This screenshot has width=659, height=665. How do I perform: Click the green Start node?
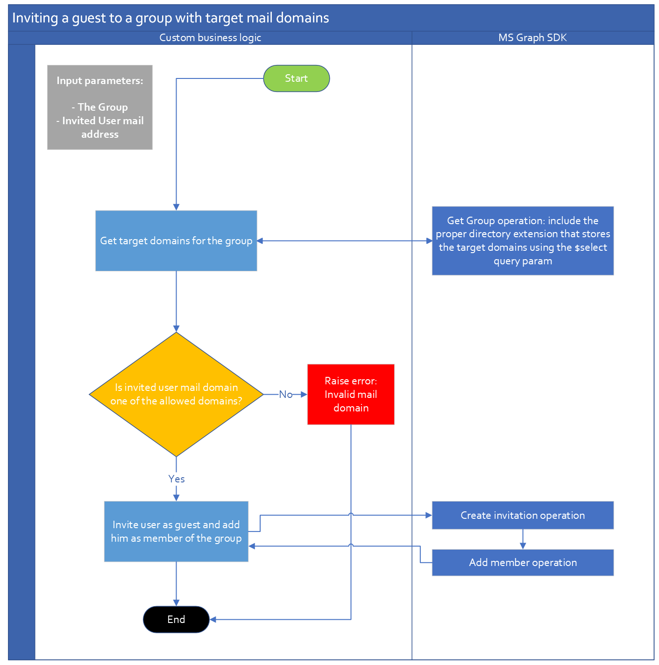pyautogui.click(x=296, y=78)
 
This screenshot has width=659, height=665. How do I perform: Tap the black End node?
pyautogui.click(x=176, y=619)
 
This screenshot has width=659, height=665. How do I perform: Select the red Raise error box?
pyautogui.click(x=351, y=394)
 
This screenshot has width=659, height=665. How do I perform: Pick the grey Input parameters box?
pyautogui.click(x=99, y=107)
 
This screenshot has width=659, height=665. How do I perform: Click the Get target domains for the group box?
pyautogui.click(x=176, y=241)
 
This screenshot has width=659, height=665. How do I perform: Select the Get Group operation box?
pyautogui.click(x=523, y=241)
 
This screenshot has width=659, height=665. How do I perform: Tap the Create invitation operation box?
pyautogui.click(x=523, y=515)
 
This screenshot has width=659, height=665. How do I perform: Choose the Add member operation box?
pyautogui.click(x=523, y=562)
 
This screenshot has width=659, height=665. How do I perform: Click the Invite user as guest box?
pyautogui.click(x=176, y=531)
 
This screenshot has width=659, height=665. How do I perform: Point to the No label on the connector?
pyautogui.click(x=285, y=395)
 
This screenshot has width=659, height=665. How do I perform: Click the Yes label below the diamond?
pyautogui.click(x=177, y=479)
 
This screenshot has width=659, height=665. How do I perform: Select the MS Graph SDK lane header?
pyautogui.click(x=532, y=38)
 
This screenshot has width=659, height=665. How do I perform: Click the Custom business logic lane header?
pyautogui.click(x=210, y=38)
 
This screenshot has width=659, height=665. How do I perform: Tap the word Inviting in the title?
pyautogui.click(x=35, y=18)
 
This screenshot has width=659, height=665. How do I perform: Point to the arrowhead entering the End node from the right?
pyautogui.click(x=213, y=619)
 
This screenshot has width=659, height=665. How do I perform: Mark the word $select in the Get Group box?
pyautogui.click(x=590, y=248)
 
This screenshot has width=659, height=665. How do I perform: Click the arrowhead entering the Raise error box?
pyautogui.click(x=304, y=395)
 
